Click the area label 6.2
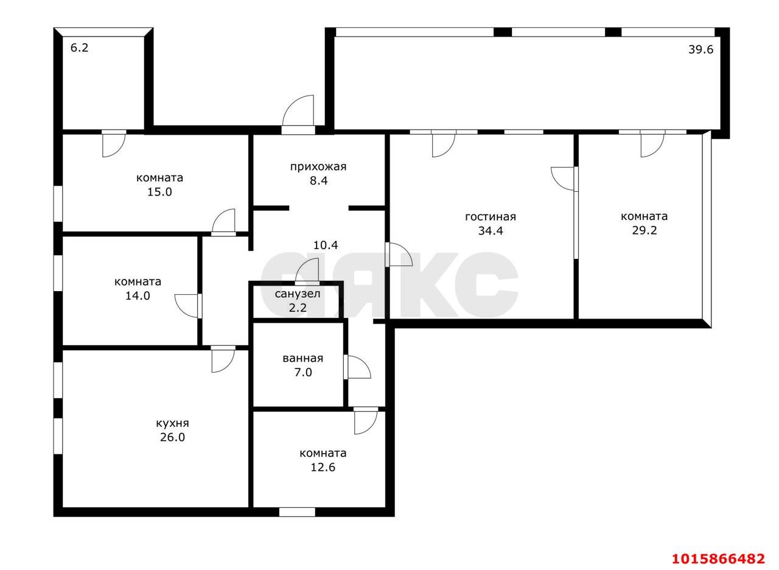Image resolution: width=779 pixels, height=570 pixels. point(80,47)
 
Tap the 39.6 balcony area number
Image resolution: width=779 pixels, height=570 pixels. point(700,50)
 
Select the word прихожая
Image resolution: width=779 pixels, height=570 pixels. point(318,166)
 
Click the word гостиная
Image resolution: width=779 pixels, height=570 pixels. point(490,217)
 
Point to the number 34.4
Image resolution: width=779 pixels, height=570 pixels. point(490,231)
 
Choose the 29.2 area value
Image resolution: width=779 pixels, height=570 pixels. point(644,230)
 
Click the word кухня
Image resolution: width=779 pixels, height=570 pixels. point(172,423)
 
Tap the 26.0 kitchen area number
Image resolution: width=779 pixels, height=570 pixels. point(172,437)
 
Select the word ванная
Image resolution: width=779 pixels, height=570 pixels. point(302,358)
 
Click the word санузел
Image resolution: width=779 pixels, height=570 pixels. point(298,294)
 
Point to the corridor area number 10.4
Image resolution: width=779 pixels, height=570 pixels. point(326,245)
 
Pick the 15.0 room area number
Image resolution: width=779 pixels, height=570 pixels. point(159,192)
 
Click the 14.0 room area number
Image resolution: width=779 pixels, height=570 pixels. point(138,296)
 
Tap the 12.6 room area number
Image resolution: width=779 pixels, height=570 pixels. point(323,467)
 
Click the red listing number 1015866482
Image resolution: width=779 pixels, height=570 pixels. point(718,558)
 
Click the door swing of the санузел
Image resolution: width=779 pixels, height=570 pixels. point(309,270)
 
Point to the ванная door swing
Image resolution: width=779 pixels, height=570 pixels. point(357,367)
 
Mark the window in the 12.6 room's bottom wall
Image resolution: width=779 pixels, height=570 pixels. point(297,512)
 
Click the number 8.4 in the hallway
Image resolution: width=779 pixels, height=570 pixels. point(318,180)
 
